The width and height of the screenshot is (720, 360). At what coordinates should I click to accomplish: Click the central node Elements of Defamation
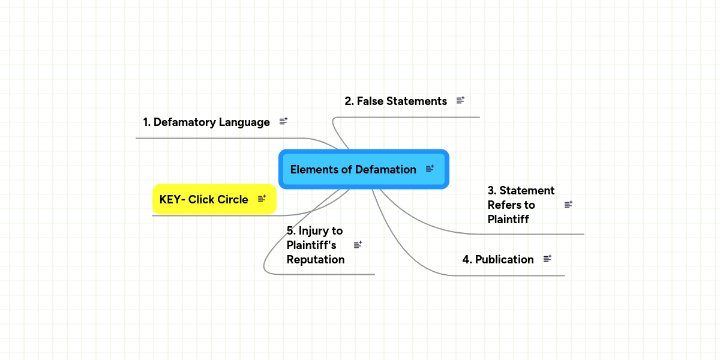click(x=353, y=169)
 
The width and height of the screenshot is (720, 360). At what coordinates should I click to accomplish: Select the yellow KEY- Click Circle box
click(x=204, y=199)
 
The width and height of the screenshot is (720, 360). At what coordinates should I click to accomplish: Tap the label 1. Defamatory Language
click(x=206, y=122)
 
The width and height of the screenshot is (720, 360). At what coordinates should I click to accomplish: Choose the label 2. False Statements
click(x=395, y=101)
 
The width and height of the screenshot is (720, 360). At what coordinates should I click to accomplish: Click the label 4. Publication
click(x=497, y=259)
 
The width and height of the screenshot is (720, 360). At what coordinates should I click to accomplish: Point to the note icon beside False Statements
click(x=461, y=100)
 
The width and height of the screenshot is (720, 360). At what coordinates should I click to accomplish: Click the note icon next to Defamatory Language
click(x=284, y=121)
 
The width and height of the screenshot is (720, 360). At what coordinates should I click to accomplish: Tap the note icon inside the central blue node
click(x=430, y=169)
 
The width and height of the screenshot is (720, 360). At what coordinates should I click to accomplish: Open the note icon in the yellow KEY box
click(x=262, y=199)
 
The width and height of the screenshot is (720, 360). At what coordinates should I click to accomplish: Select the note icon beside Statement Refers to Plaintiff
click(x=569, y=205)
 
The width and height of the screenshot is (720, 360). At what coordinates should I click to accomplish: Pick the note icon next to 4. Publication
click(x=547, y=259)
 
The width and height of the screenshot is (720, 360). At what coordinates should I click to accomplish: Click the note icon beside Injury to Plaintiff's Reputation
click(x=358, y=244)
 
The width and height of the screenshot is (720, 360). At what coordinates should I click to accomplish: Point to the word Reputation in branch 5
click(x=316, y=260)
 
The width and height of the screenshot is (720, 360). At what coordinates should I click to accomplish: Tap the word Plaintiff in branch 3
click(x=508, y=219)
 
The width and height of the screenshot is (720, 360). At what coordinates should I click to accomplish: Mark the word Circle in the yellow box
click(x=232, y=199)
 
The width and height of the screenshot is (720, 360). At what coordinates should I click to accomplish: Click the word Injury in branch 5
click(x=313, y=230)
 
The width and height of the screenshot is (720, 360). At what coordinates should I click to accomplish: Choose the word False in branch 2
click(x=370, y=101)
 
